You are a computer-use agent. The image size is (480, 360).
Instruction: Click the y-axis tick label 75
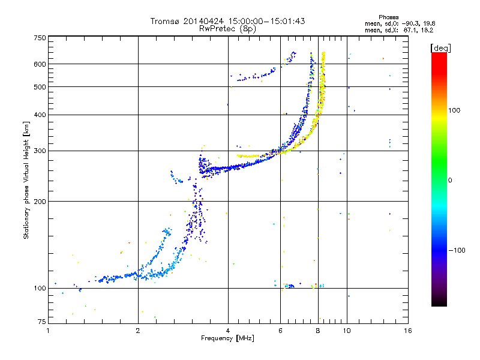[x=42, y=322]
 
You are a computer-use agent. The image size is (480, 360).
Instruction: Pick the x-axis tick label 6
[x=280, y=331]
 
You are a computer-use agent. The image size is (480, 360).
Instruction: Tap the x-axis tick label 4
[x=228, y=331]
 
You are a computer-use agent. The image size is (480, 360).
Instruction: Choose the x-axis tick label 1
[x=48, y=331]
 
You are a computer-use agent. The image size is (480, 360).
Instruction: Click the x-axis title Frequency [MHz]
[x=227, y=338]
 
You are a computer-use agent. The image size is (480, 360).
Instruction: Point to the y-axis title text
[x=26, y=181]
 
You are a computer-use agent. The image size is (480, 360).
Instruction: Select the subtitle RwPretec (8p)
[x=227, y=28]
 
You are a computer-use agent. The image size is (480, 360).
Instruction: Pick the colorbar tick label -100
[x=458, y=250]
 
